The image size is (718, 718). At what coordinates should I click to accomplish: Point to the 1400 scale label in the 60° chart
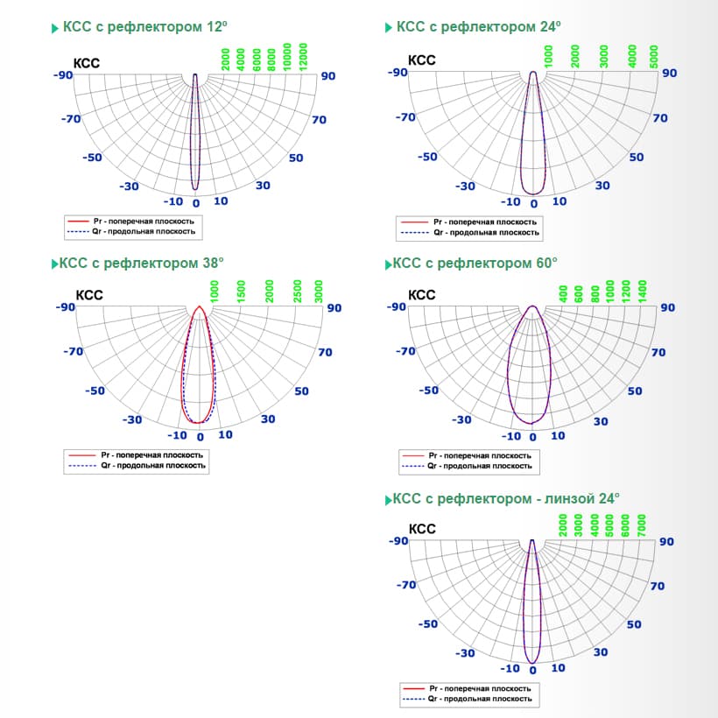(x=644, y=291)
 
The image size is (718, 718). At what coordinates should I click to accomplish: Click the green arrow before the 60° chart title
(x=388, y=264)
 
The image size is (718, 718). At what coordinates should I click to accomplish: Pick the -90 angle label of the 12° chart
(x=64, y=75)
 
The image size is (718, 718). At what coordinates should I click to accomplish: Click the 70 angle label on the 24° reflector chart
(x=660, y=117)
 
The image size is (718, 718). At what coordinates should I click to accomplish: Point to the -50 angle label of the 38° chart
(x=95, y=391)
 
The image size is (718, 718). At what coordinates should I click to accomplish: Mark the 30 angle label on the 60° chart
(x=601, y=421)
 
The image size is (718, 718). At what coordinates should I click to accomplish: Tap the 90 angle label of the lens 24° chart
(x=667, y=542)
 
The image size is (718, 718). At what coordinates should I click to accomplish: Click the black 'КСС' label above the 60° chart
(x=422, y=295)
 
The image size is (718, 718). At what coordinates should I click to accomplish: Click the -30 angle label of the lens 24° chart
(x=466, y=653)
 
